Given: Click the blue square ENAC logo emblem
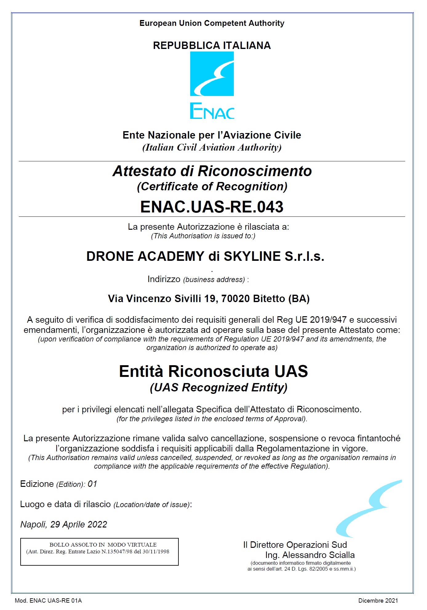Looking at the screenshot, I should [x=212, y=74].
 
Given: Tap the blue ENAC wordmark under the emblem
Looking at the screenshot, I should [x=212, y=111].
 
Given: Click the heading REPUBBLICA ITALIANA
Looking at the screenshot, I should [x=212, y=46].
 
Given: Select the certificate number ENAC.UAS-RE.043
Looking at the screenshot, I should [x=212, y=207].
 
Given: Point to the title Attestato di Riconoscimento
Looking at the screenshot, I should [x=212, y=171].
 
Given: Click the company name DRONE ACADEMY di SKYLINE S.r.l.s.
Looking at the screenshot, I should [x=205, y=256].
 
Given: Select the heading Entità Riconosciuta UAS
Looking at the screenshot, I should [x=213, y=371].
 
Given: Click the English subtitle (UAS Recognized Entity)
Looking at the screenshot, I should [x=218, y=387].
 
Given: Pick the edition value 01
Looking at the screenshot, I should [x=92, y=484].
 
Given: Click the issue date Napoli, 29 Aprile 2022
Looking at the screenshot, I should [x=64, y=524].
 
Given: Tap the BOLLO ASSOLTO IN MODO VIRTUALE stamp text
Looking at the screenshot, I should [x=103, y=544].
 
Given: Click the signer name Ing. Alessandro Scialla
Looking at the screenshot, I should [x=310, y=555].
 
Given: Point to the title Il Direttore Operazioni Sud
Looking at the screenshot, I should [x=295, y=545].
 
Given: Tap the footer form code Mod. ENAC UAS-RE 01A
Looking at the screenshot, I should [x=48, y=600].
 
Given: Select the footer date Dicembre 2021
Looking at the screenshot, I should [x=378, y=600].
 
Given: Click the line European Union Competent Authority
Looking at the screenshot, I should [x=212, y=23].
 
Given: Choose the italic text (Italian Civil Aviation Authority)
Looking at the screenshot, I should [x=212, y=147].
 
